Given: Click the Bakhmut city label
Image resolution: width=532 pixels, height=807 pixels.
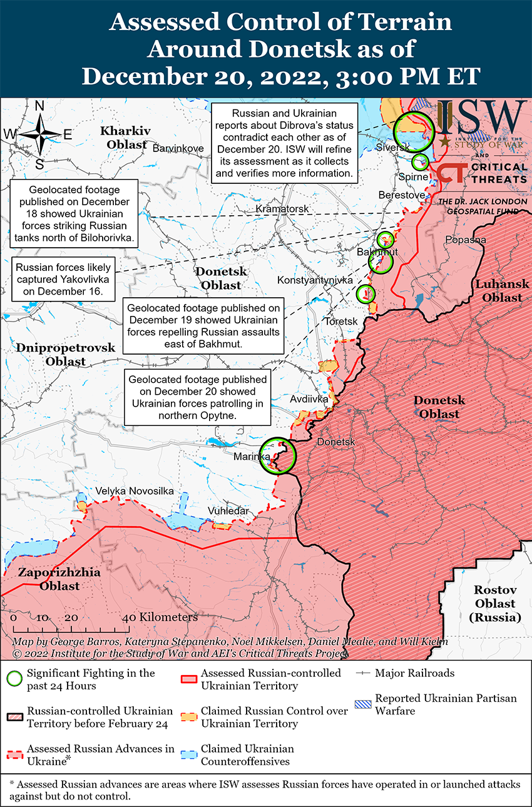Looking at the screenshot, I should coord(377,251).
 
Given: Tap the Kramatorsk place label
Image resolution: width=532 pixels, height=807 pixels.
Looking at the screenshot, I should coord(282,208).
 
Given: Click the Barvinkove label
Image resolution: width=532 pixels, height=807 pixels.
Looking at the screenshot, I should coord(178,148).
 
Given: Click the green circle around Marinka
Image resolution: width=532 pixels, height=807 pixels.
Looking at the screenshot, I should coord(278,456).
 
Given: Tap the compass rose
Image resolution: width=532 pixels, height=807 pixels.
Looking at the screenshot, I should coord(39,134).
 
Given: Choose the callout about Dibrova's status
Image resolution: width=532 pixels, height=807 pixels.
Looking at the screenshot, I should coord(284,143).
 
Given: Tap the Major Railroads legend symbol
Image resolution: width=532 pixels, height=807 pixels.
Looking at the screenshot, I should coord(364,674).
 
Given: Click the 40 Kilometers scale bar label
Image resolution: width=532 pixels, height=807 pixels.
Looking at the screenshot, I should coord(161,617).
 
